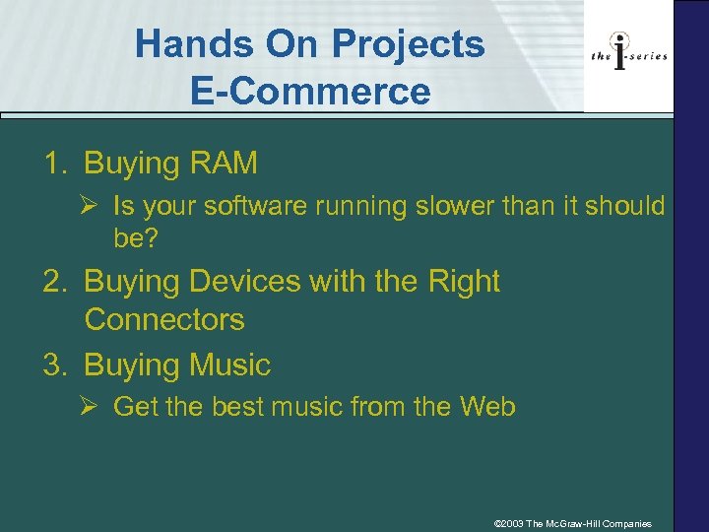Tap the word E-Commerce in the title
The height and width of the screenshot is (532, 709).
click(311, 91)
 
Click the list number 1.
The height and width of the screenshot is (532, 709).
click(53, 163)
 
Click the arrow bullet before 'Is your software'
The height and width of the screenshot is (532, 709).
click(90, 206)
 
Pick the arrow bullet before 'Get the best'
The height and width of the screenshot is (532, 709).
click(90, 406)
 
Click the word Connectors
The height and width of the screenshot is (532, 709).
click(164, 320)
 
